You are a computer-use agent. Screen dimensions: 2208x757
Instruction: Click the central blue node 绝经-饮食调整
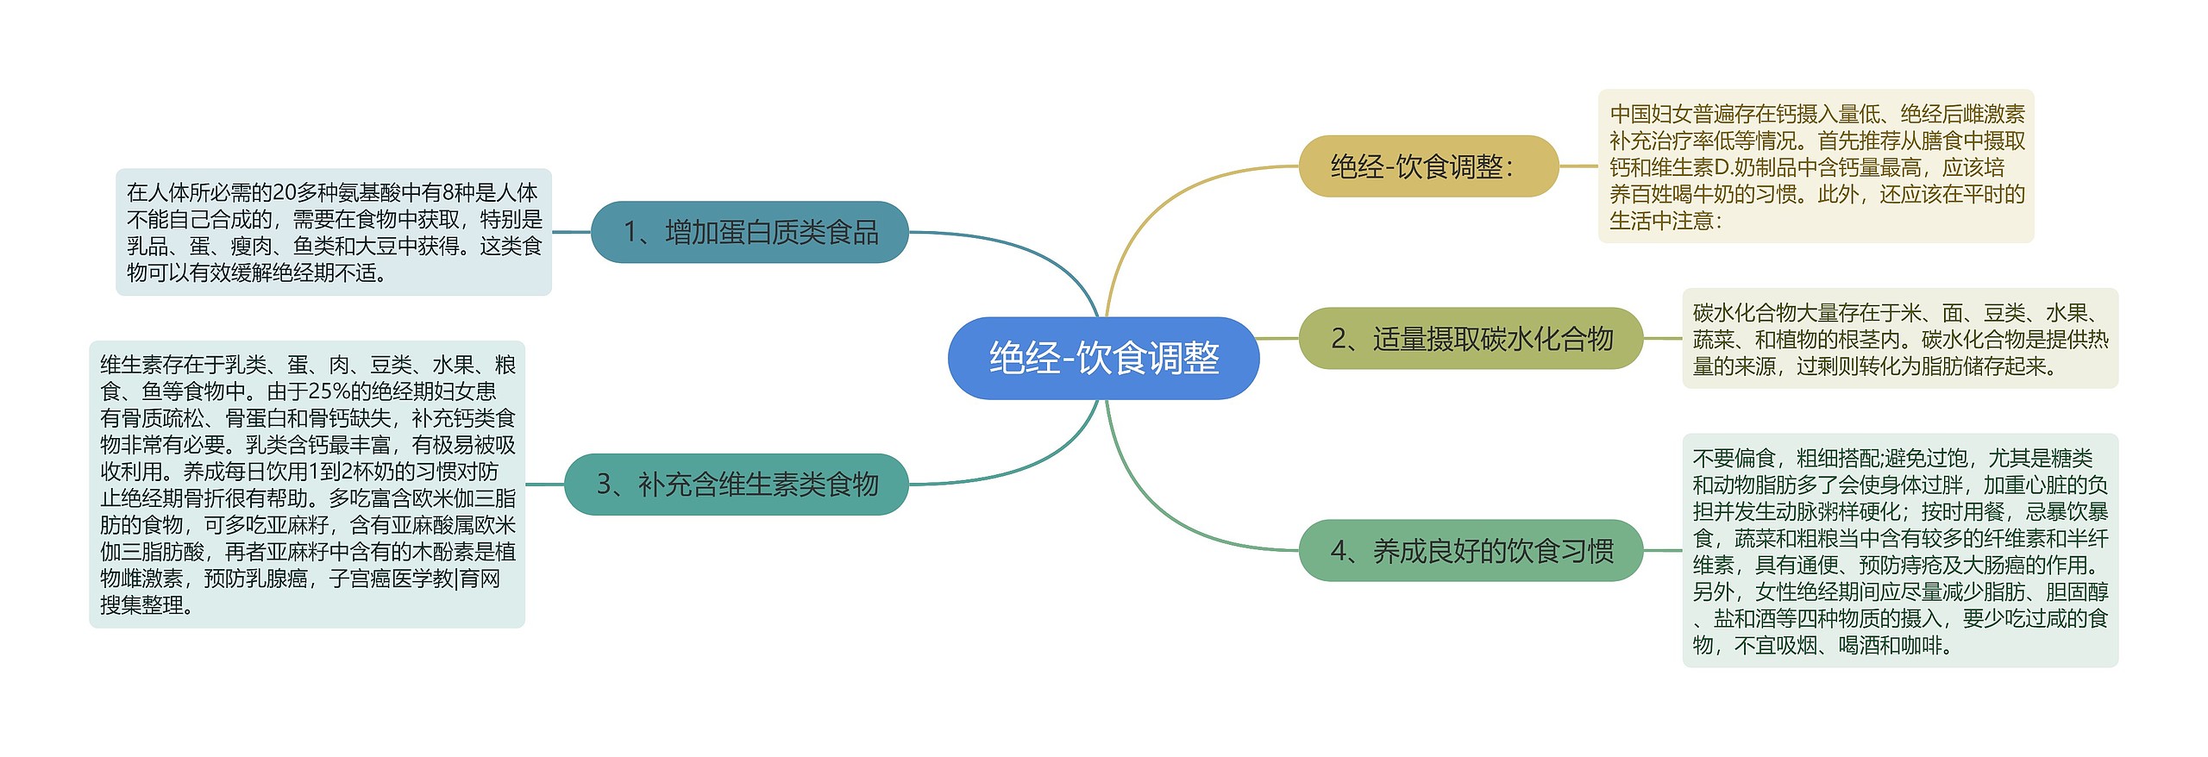pyautogui.click(x=1103, y=358)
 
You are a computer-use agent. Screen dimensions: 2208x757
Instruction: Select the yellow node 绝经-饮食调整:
pyautogui.click(x=1428, y=166)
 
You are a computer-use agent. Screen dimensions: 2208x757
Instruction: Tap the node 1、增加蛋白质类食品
pyautogui.click(x=750, y=232)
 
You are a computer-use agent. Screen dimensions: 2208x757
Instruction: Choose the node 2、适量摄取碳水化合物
pyautogui.click(x=1471, y=338)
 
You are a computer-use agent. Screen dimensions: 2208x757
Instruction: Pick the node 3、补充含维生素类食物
pyautogui.click(x=737, y=485)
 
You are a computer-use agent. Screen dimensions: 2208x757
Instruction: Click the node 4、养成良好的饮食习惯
pyautogui.click(x=1471, y=550)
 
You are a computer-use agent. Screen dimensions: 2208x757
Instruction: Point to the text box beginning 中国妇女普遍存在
pyautogui.click(x=1816, y=166)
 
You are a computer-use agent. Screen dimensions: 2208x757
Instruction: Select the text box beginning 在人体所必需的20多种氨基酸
pyautogui.click(x=334, y=232)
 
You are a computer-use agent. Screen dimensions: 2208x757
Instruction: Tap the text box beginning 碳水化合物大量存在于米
pyautogui.click(x=1900, y=338)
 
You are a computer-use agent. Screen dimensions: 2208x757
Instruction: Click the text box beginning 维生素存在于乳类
pyautogui.click(x=307, y=485)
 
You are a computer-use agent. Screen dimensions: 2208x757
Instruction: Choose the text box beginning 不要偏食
pyautogui.click(x=1900, y=550)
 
